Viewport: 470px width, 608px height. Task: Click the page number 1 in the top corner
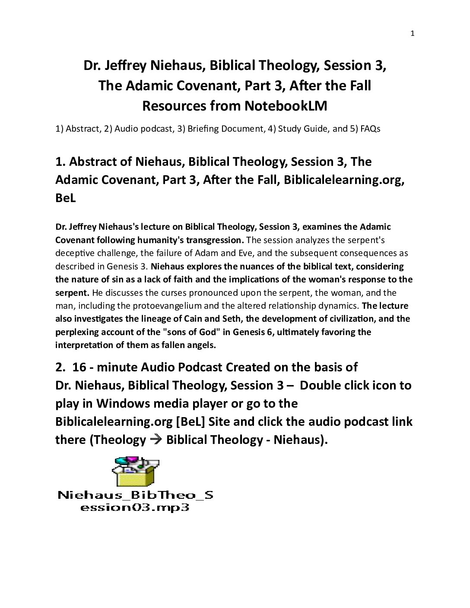pos(412,34)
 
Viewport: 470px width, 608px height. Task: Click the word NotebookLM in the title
pos(286,106)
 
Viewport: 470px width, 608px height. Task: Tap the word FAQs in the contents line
pos(369,129)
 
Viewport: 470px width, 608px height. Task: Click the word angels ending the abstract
pos(203,345)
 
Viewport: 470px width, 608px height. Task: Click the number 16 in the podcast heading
pos(79,367)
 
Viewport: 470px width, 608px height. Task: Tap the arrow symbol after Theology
pos(156,440)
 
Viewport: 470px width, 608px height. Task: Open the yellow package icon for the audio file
pos(135,472)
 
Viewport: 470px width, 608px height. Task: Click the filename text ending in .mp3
pos(135,501)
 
